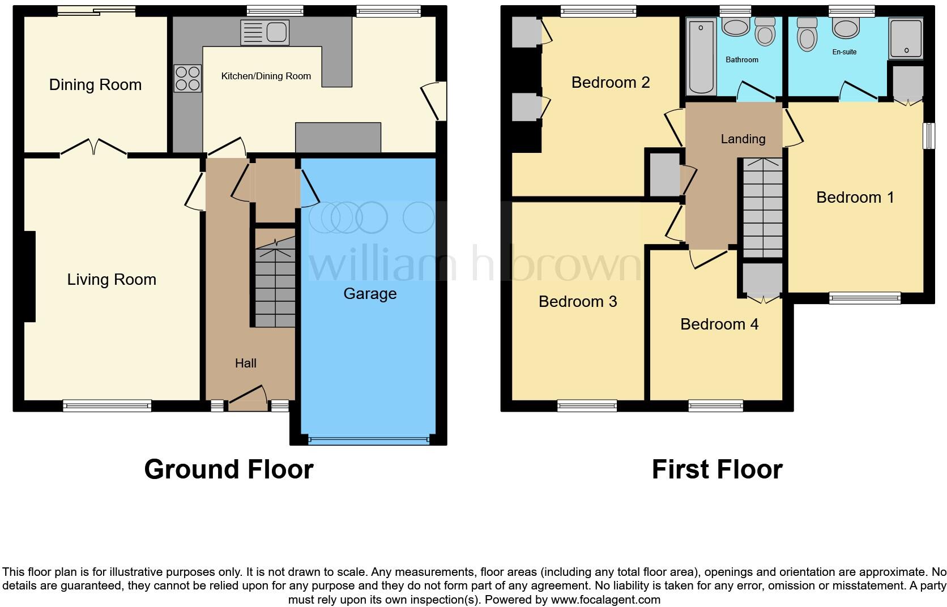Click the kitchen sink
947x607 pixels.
point(265,32)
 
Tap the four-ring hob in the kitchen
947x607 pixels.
point(187,79)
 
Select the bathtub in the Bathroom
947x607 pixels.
point(701,57)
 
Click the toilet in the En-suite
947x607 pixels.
point(807,34)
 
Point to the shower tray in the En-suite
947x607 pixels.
point(906,38)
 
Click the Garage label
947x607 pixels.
point(370,294)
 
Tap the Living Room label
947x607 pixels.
point(112,279)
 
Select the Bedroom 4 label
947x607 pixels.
point(719,324)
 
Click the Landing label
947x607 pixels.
point(743,139)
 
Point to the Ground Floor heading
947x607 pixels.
point(229,469)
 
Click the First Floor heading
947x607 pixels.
point(717,469)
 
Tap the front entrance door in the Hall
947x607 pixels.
point(248,399)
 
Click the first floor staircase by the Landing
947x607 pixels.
point(763,208)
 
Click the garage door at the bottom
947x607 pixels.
point(368,440)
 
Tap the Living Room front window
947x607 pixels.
point(107,406)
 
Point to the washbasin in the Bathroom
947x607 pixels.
point(736,27)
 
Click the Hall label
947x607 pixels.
point(246,363)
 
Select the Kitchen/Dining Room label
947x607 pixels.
point(266,76)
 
